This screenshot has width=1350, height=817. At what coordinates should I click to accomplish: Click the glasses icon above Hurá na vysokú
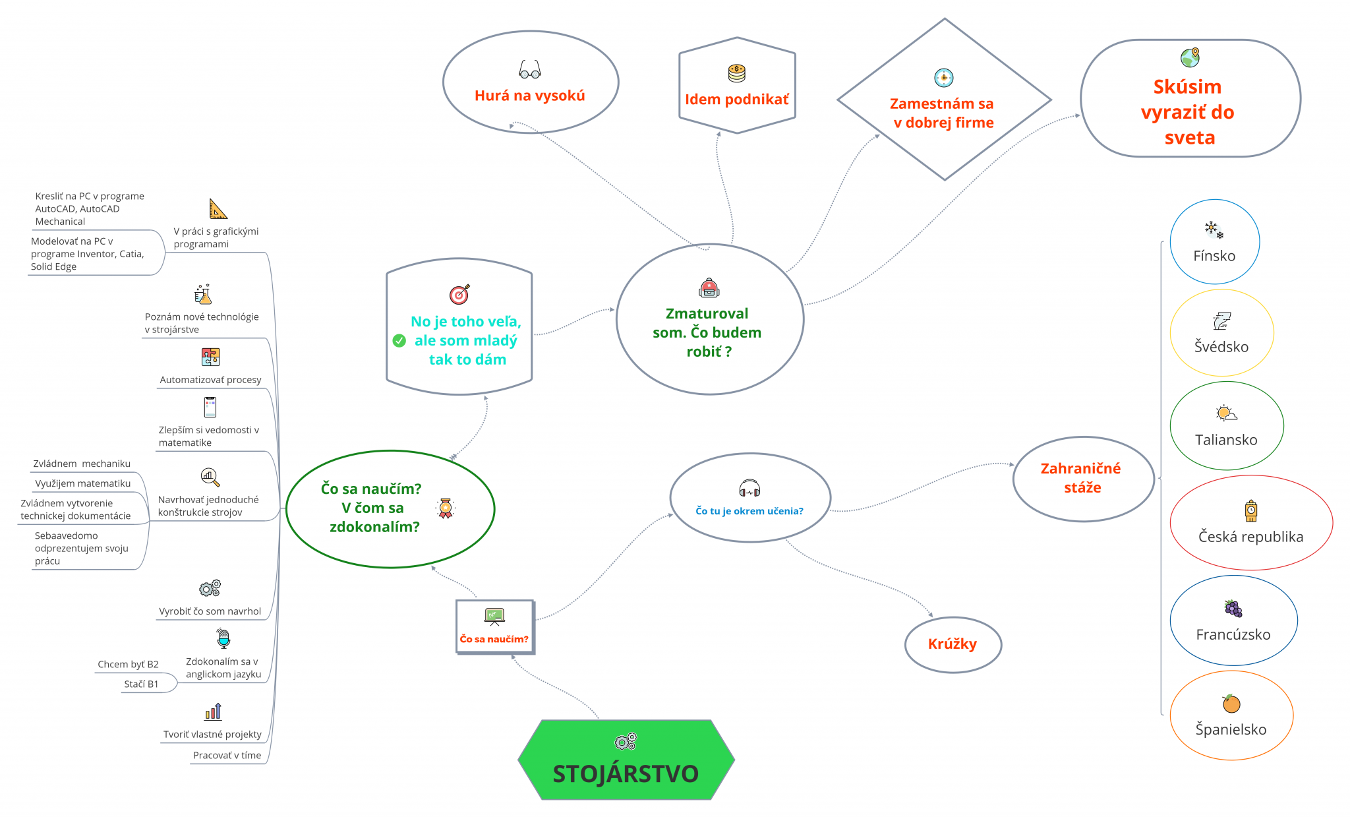click(x=530, y=69)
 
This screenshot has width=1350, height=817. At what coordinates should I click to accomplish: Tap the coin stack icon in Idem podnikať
click(x=736, y=73)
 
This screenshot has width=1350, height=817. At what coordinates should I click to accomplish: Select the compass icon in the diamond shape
click(x=943, y=78)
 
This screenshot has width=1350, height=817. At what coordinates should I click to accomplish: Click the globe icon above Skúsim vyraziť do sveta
click(x=1190, y=57)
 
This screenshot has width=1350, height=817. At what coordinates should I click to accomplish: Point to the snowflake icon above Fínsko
click(x=1214, y=229)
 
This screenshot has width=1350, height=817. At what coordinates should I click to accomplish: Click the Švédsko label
click(x=1221, y=347)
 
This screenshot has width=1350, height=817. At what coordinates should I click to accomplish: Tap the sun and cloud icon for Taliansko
click(x=1226, y=413)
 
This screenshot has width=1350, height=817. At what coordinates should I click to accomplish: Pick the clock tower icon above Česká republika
click(x=1250, y=510)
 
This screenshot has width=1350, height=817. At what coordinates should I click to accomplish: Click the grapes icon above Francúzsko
click(x=1233, y=608)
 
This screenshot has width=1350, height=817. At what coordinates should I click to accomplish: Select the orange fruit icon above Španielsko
click(x=1231, y=704)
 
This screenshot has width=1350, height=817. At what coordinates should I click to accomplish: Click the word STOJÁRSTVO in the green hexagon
click(x=626, y=773)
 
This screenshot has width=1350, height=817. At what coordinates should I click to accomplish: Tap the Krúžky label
click(x=953, y=644)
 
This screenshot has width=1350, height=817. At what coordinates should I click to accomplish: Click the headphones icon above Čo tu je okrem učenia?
click(x=749, y=489)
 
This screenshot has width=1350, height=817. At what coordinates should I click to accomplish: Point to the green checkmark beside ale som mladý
click(x=399, y=340)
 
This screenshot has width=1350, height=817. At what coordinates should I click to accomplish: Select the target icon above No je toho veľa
click(x=459, y=294)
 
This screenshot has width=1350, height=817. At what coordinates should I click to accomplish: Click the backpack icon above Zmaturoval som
click(x=709, y=288)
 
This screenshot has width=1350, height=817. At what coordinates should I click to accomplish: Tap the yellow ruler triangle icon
click(x=218, y=209)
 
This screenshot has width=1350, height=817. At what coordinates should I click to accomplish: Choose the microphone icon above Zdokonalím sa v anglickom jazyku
click(x=223, y=638)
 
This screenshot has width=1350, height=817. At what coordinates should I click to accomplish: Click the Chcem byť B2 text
click(x=128, y=664)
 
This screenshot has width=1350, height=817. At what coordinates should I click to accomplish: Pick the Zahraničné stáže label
click(x=1081, y=478)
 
